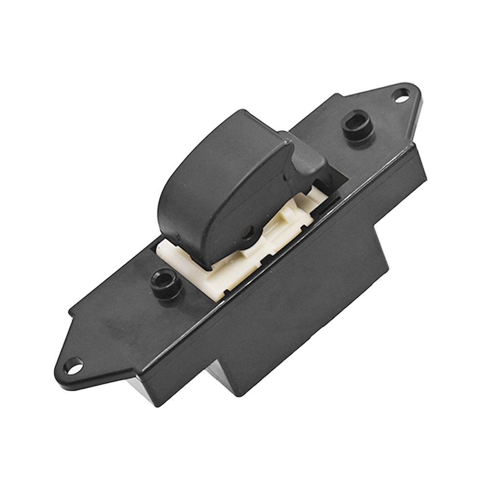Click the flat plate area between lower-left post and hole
116,328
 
